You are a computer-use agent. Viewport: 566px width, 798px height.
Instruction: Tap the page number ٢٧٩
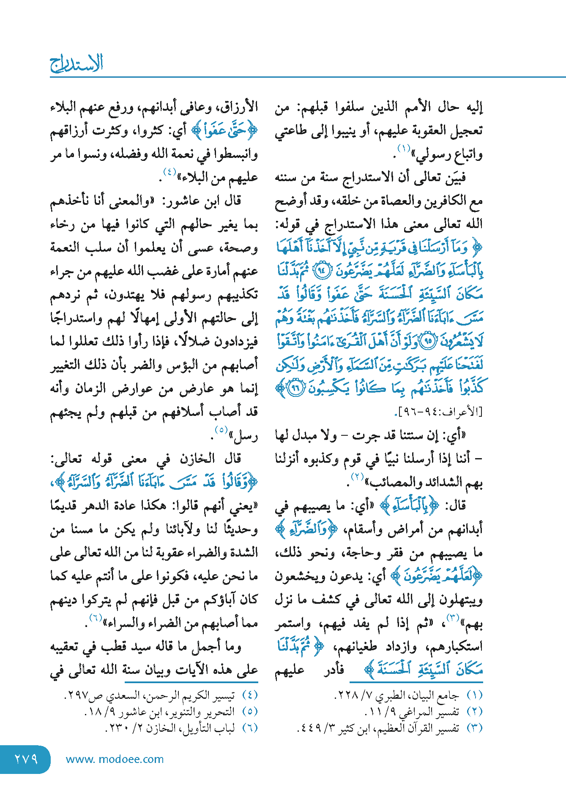pos(26,759)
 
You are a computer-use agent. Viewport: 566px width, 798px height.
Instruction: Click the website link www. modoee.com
pos(115,759)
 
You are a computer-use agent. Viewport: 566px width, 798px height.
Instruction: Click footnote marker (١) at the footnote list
pos(474,695)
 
